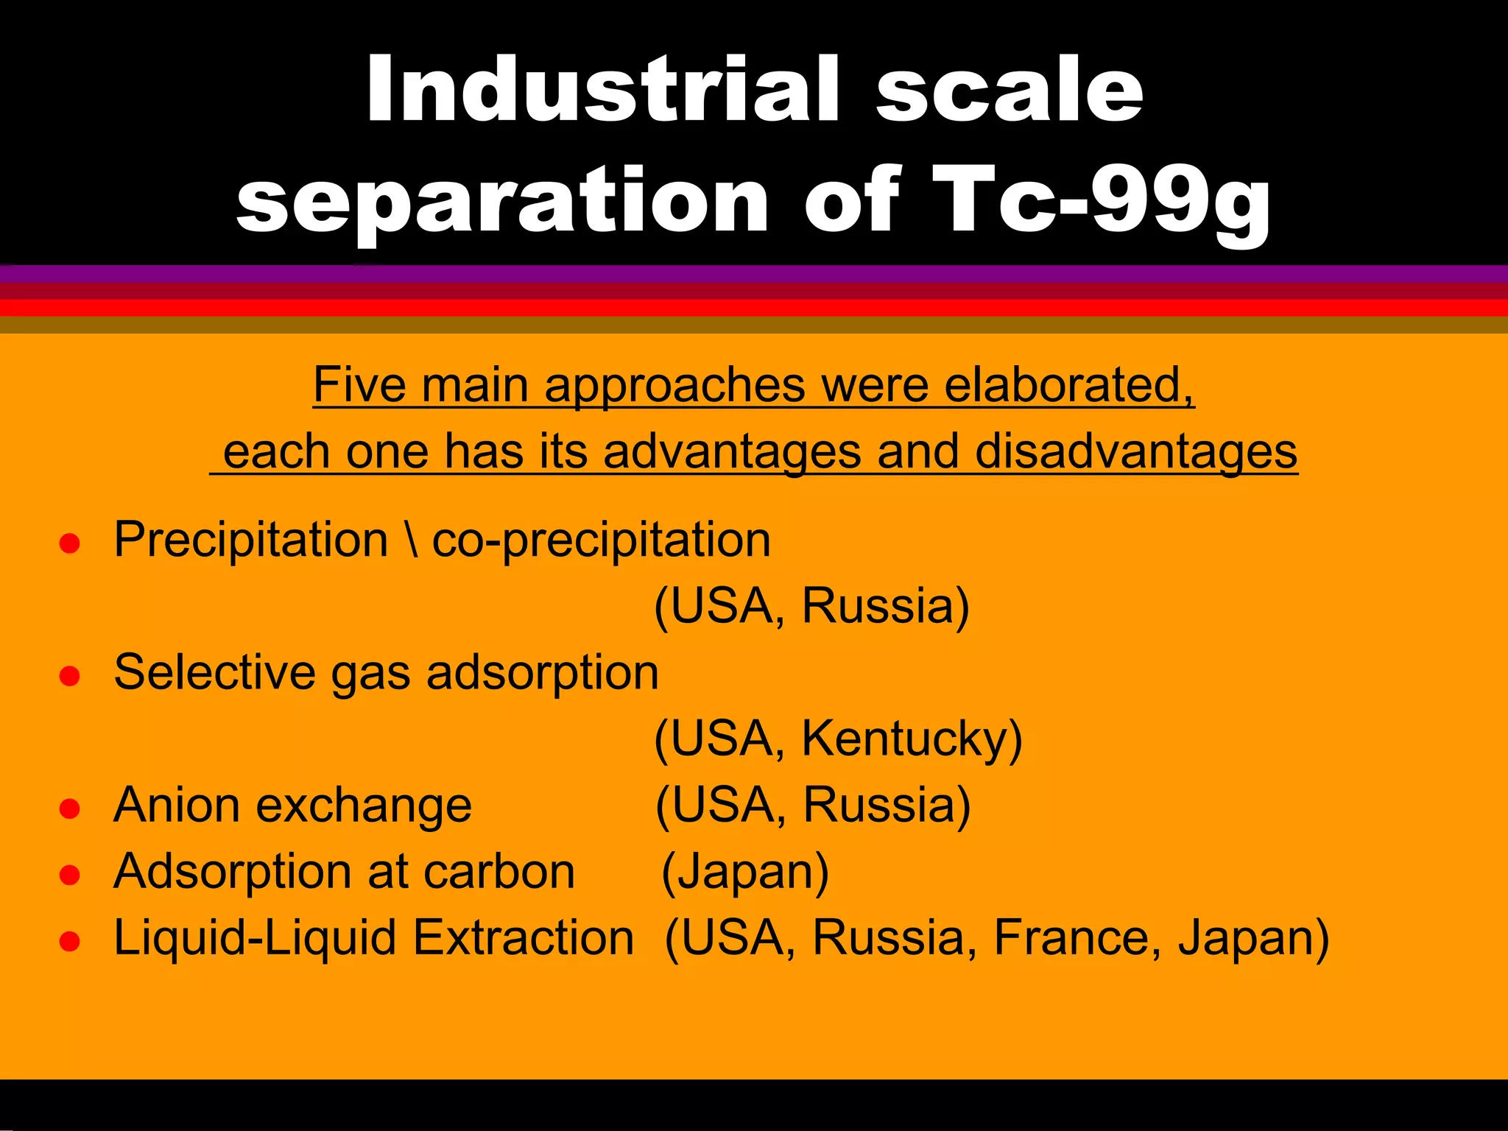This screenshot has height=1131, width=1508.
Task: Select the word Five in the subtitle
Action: (x=359, y=384)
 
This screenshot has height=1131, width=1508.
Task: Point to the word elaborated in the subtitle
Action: (x=1068, y=384)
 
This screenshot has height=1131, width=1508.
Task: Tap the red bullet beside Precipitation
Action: (x=69, y=543)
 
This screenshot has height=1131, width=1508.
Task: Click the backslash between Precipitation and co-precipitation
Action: (x=411, y=539)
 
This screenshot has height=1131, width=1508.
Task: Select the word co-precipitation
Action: (x=601, y=540)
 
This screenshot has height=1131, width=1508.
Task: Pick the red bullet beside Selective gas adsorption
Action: (x=69, y=676)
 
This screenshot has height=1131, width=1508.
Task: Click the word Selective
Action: (x=214, y=672)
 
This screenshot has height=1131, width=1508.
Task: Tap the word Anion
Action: (x=176, y=805)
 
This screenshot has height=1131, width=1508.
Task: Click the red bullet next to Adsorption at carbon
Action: (x=69, y=875)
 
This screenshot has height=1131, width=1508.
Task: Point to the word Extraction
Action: (x=523, y=938)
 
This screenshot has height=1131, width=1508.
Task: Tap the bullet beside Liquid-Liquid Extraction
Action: (x=69, y=941)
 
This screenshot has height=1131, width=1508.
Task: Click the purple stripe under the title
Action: (x=754, y=274)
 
